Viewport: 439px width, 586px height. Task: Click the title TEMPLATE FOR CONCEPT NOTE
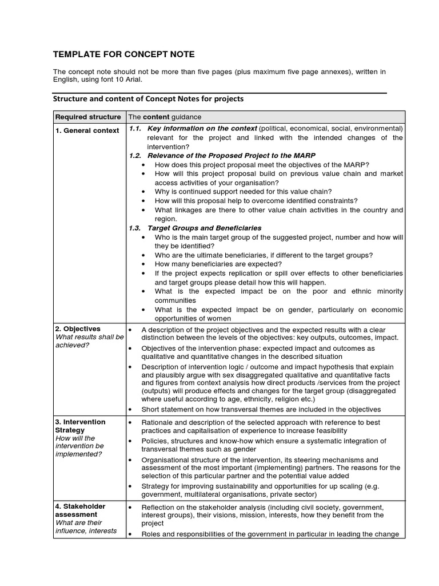(123, 54)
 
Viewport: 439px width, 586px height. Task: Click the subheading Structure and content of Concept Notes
(148, 98)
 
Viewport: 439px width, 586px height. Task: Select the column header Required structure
(88, 117)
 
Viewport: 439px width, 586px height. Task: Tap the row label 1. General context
(87, 130)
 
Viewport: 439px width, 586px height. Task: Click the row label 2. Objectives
(78, 329)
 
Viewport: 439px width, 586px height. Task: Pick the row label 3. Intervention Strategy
(80, 426)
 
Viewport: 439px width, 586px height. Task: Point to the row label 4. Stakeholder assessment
(80, 510)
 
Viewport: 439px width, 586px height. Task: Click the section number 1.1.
(135, 129)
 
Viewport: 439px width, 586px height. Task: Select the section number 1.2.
(135, 156)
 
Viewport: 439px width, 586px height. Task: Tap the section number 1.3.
(135, 228)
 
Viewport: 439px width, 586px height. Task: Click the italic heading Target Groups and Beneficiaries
(204, 228)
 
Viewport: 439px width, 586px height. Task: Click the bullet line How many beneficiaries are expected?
(218, 264)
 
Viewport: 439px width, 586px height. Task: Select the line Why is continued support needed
(243, 192)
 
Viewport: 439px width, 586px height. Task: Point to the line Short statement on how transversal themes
(261, 409)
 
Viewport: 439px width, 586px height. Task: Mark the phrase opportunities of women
(193, 318)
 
